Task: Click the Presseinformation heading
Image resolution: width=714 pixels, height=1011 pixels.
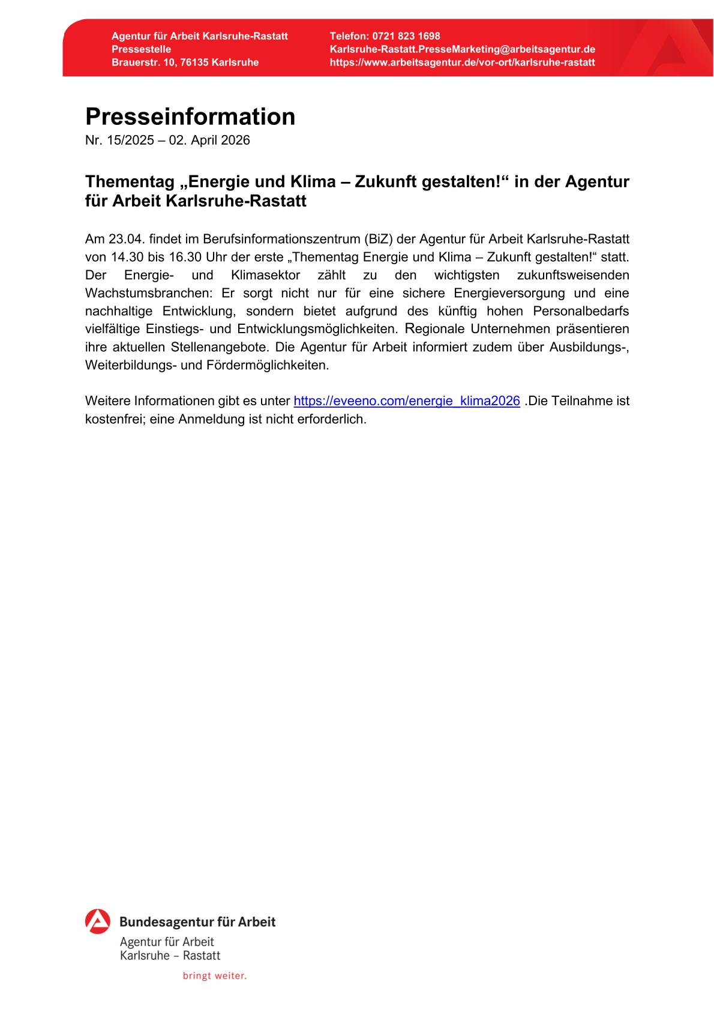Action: [190, 116]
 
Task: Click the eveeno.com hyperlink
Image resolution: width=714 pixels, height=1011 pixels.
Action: [406, 401]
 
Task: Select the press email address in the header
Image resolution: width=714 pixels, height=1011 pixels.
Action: [462, 49]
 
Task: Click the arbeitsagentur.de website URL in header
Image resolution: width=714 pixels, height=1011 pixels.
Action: [462, 62]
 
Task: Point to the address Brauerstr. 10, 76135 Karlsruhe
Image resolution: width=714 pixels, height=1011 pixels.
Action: [185, 62]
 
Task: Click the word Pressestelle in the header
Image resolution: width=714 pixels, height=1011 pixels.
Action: [141, 49]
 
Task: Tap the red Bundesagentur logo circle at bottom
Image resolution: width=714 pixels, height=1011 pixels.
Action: [98, 922]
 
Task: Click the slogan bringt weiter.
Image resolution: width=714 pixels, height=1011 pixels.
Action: [215, 976]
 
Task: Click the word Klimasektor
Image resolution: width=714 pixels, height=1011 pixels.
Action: [265, 275]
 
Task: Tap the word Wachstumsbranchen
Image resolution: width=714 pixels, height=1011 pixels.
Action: [152, 293]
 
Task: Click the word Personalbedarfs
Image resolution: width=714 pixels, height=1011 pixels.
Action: [581, 311]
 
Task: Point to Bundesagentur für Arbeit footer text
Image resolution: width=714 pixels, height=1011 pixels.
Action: [197, 922]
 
